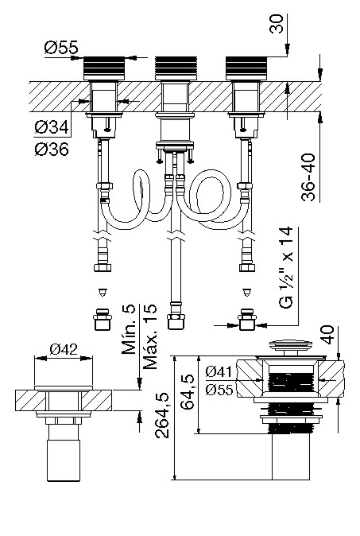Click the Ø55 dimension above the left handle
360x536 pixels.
(61, 47)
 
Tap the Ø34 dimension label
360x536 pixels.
(52, 128)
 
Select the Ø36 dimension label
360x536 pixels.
(52, 149)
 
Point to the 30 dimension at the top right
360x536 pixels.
(277, 24)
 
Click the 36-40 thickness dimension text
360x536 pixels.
(308, 177)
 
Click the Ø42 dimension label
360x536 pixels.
(64, 349)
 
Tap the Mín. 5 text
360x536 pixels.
(129, 329)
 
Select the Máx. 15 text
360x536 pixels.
(150, 336)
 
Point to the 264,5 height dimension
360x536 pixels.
(162, 415)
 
